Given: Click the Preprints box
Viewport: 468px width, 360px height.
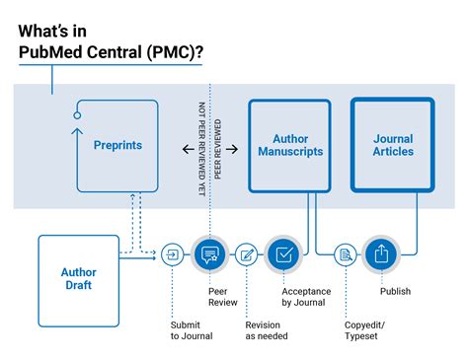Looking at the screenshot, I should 117,145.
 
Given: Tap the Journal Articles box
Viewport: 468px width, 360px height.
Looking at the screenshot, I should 393,145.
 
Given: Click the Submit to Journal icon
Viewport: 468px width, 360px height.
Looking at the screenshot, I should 174,254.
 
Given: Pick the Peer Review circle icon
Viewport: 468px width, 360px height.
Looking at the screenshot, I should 209,254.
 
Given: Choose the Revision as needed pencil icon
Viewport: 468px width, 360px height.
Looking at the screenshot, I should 247,254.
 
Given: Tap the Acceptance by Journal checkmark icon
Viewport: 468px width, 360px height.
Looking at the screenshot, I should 283,254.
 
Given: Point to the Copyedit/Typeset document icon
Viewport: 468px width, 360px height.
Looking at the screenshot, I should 345,254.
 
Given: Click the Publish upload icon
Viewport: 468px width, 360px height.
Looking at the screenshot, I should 380,254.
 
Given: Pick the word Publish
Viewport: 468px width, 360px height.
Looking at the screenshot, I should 395,291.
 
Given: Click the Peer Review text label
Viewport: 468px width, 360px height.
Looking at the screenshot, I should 222,298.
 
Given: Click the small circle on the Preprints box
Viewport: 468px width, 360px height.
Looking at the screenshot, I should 77,115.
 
